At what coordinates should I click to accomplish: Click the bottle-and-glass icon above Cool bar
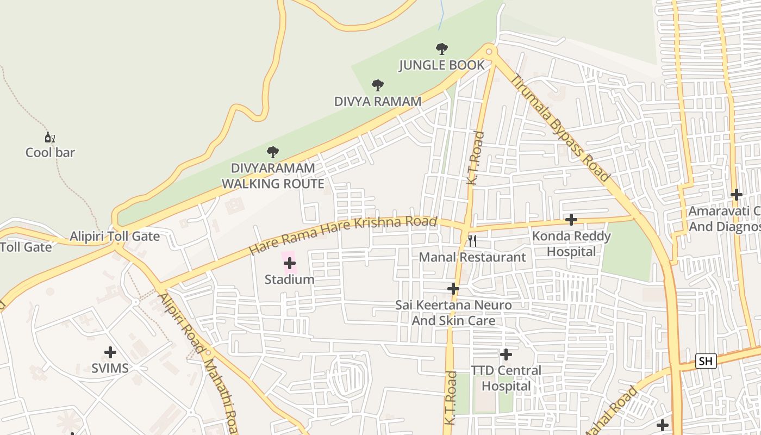coord(49,138)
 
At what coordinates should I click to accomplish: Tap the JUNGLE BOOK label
coord(441,65)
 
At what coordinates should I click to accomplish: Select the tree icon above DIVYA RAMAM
coord(378,85)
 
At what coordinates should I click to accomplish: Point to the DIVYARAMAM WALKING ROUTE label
coord(273,176)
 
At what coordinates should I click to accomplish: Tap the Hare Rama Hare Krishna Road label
coord(342,235)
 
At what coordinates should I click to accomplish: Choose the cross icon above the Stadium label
coord(290,264)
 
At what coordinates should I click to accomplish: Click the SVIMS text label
coord(110,368)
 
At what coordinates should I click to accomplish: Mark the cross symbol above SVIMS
coord(110,352)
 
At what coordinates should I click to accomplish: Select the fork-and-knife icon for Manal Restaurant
coord(472,240)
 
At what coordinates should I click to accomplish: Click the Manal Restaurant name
coord(472,257)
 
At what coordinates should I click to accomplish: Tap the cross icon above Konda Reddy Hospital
coord(571,220)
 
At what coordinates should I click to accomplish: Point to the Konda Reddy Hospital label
coord(571,244)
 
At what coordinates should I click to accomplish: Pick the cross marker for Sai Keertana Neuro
coord(453,288)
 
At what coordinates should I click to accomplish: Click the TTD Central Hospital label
coord(506,378)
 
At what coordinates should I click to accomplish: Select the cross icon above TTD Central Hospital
coord(506,355)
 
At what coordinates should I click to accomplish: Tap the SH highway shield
coord(706,361)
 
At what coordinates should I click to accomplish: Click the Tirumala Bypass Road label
coord(560,128)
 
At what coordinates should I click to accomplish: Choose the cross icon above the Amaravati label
coord(737,195)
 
